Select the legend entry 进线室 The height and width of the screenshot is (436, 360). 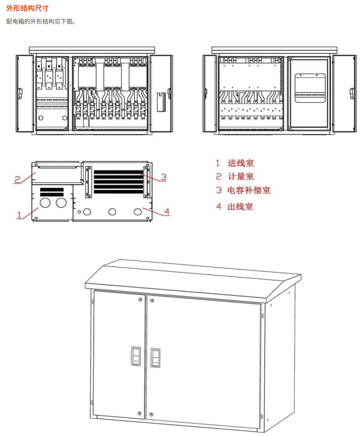[241, 163]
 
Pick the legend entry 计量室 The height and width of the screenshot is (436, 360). [241, 177]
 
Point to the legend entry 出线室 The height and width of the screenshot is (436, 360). [241, 207]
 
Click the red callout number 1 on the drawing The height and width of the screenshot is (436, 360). [20, 215]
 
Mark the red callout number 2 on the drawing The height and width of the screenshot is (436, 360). [17, 180]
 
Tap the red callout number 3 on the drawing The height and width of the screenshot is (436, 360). [163, 177]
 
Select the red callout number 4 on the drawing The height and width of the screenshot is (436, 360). [166, 212]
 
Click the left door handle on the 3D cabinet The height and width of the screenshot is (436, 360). [135, 356]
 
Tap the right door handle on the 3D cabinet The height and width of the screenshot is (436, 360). [155, 357]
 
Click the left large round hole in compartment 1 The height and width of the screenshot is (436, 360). [45, 203]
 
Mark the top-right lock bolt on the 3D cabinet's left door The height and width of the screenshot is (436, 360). [140, 299]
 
